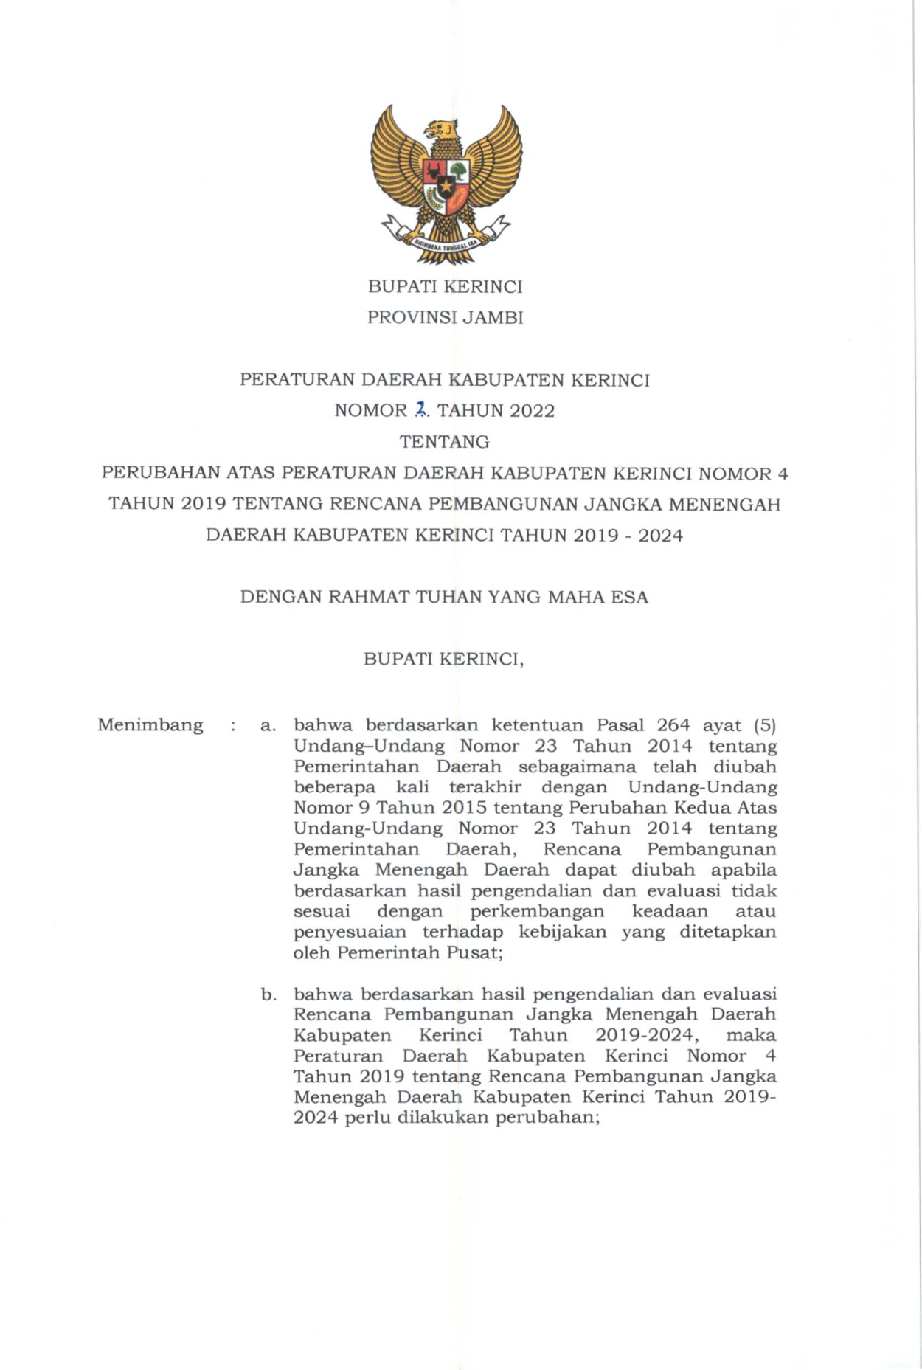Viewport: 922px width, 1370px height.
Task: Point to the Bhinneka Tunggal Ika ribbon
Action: (445, 243)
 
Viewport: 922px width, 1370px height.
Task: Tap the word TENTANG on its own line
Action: (445, 442)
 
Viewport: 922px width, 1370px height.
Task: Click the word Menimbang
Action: (150, 724)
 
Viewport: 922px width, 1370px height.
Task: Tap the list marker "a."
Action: (268, 725)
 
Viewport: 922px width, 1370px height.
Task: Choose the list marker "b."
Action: (268, 994)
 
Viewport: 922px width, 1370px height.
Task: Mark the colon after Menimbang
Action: (233, 726)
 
